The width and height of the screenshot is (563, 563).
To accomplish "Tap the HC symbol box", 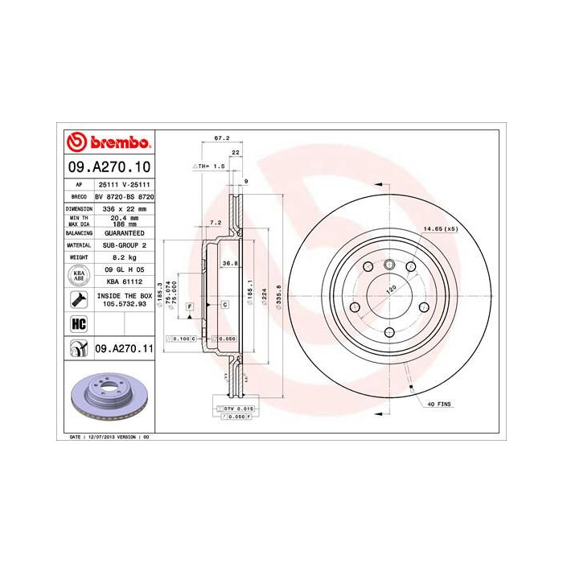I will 79,323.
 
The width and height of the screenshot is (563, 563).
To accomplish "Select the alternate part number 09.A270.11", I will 123,348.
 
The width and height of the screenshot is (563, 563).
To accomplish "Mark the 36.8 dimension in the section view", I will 228,263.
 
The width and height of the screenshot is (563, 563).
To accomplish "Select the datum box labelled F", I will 191,306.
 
